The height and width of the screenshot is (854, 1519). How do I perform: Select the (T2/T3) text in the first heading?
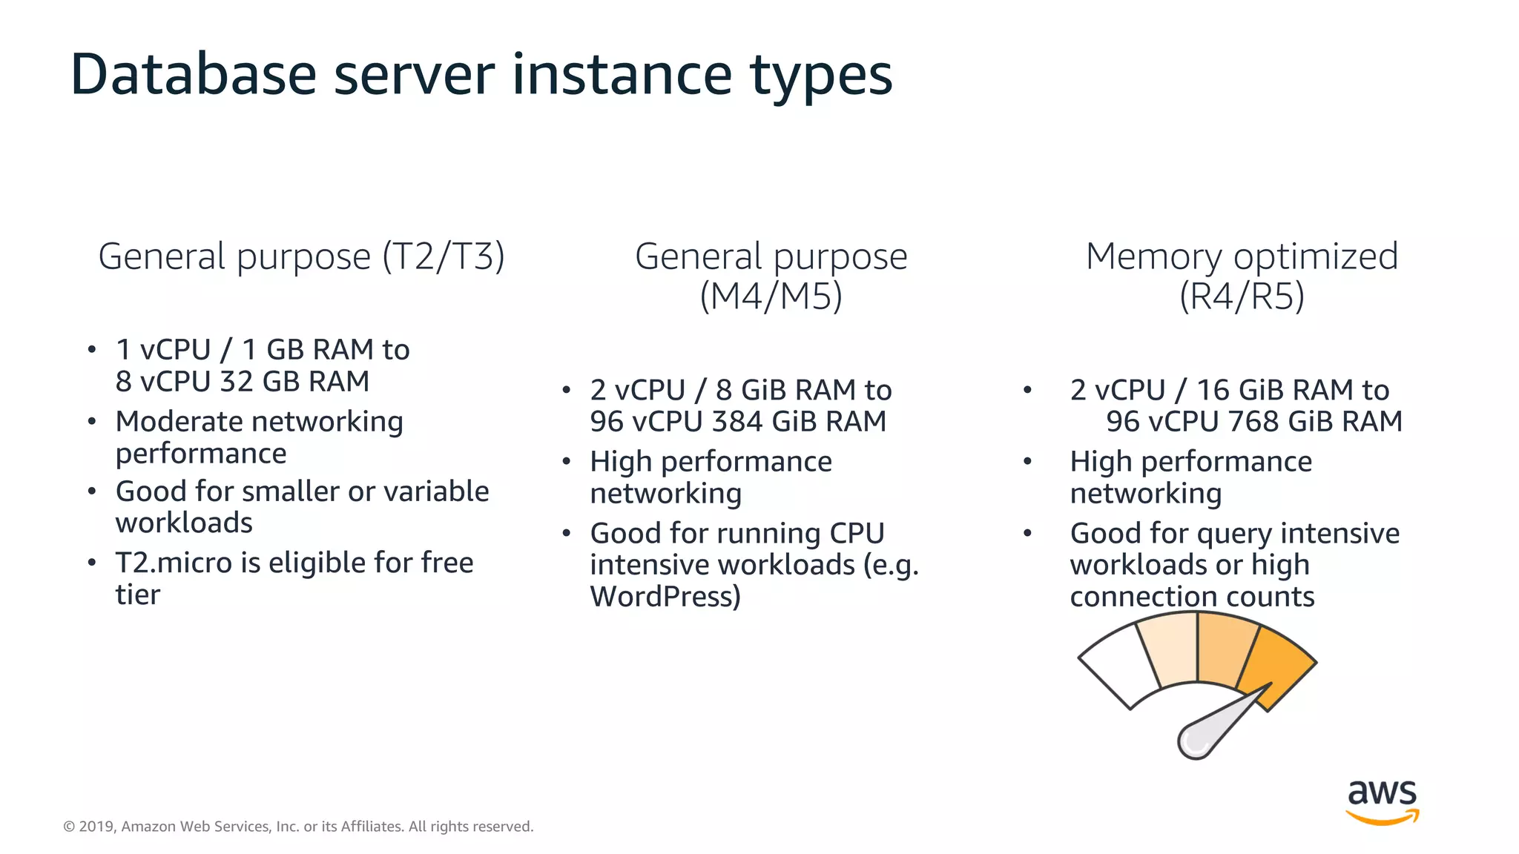[444, 257]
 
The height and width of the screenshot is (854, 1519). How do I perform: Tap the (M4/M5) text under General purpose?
[771, 297]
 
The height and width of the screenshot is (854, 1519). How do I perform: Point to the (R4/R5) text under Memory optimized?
[1242, 297]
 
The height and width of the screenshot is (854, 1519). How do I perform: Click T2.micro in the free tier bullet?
[174, 563]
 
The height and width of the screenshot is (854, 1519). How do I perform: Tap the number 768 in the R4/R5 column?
[1253, 421]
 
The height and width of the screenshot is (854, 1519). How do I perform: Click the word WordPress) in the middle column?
[665, 596]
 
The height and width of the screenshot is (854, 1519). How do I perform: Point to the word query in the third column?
[1234, 534]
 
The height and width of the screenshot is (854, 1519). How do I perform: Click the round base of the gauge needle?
[1195, 741]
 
